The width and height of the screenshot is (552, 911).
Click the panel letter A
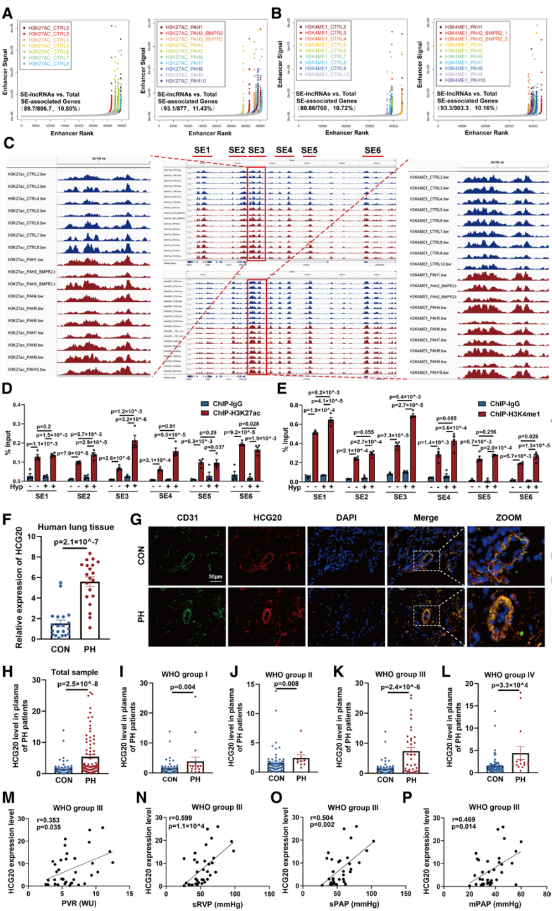8,12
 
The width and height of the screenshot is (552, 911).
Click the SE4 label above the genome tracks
284,150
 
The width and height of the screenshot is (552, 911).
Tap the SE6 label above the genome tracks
372,150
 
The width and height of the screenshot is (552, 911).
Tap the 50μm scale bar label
215,578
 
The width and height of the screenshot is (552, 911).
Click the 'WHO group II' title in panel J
288,675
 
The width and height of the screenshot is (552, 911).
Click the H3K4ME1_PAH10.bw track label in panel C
431,373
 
